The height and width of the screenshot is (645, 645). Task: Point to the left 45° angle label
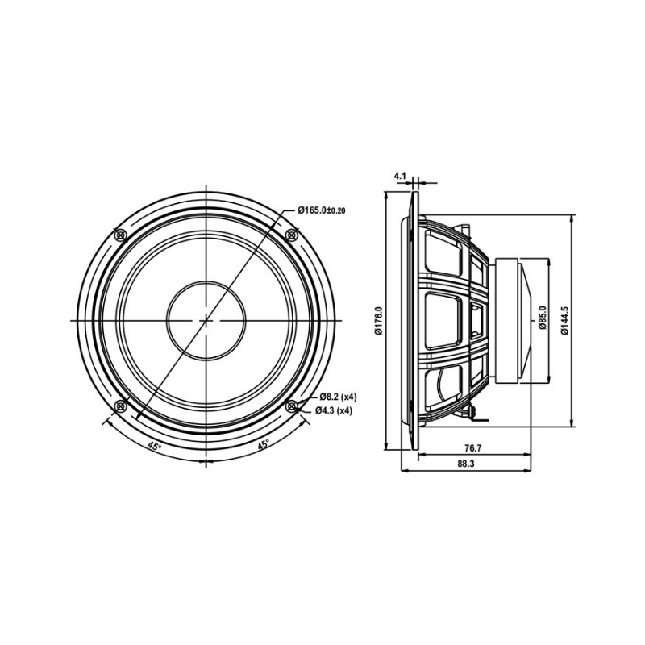pos(154,445)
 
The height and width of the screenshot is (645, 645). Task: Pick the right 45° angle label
pos(263,445)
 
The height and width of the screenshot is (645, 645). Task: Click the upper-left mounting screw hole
pos(121,235)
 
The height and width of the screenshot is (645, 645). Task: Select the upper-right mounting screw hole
pos(292,235)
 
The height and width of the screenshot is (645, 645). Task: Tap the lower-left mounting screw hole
pos(121,406)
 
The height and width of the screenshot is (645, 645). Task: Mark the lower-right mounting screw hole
pos(292,406)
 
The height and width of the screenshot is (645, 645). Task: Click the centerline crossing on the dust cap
pos(206,320)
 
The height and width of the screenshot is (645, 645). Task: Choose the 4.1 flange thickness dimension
pos(401,175)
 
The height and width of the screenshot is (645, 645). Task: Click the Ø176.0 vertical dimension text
pos(378,320)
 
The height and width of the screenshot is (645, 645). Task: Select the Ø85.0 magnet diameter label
pos(543,320)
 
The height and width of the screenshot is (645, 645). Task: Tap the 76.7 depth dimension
pos(473,447)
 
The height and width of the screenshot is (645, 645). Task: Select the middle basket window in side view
pos(443,321)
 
